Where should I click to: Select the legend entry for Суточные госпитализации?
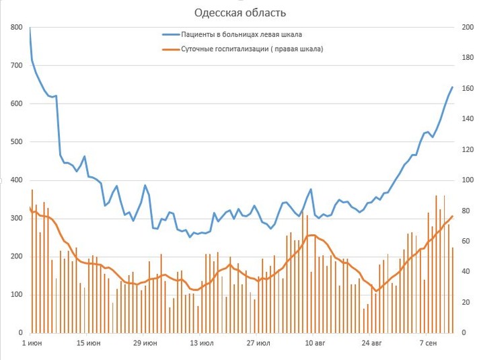[252, 48]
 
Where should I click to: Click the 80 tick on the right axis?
[467, 211]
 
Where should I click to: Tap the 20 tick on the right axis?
[467, 302]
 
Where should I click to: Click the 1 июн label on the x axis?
[32, 343]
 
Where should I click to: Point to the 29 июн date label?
[145, 343]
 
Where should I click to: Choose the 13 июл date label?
[202, 343]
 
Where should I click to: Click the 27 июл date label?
[258, 343]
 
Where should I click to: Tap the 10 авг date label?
[315, 343]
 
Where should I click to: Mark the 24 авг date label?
[371, 343]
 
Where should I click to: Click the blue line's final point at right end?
[452, 87]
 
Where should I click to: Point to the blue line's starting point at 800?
[30, 28]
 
